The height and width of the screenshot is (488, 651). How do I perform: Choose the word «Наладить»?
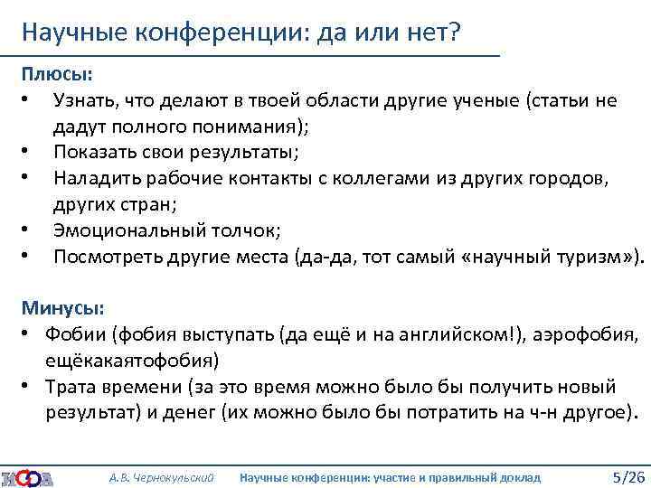point(97,178)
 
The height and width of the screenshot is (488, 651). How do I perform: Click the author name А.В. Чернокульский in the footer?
point(161,476)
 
